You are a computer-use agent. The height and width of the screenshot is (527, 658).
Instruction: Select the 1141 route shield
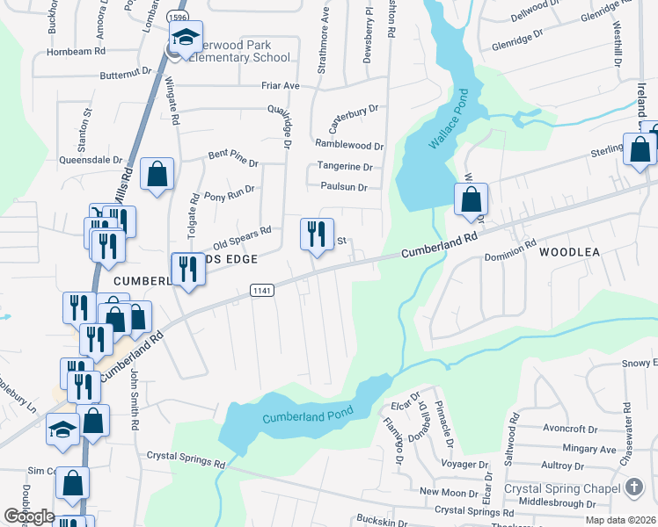tap(262, 290)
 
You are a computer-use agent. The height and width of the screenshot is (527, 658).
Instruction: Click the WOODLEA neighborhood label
tap(569, 252)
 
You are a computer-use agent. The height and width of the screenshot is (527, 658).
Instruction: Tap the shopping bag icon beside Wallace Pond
tap(472, 200)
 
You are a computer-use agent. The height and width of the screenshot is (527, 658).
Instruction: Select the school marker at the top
tap(186, 39)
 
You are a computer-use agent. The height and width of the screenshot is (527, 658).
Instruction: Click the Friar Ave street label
tap(281, 86)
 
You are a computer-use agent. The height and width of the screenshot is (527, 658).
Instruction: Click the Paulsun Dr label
tap(343, 187)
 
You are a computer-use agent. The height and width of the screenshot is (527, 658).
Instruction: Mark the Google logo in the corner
tap(29, 516)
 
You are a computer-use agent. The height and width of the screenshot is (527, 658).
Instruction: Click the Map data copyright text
tap(619, 520)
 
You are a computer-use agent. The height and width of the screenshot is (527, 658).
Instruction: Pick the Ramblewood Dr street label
tap(348, 145)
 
